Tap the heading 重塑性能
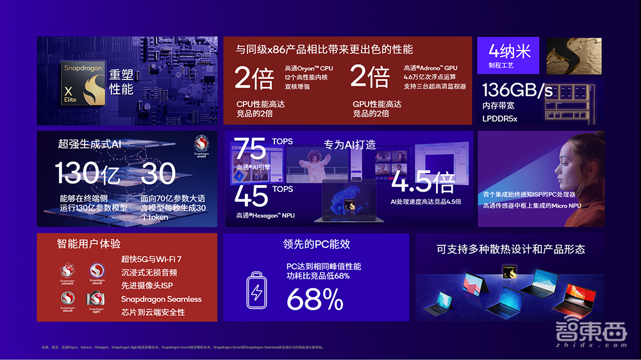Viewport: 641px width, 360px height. click(121, 81)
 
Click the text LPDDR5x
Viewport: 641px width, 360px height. click(504, 118)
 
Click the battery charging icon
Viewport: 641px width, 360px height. click(256, 292)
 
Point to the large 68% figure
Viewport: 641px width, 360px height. click(315, 299)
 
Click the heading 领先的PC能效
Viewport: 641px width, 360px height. click(316, 244)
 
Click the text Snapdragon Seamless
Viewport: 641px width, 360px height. click(161, 299)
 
